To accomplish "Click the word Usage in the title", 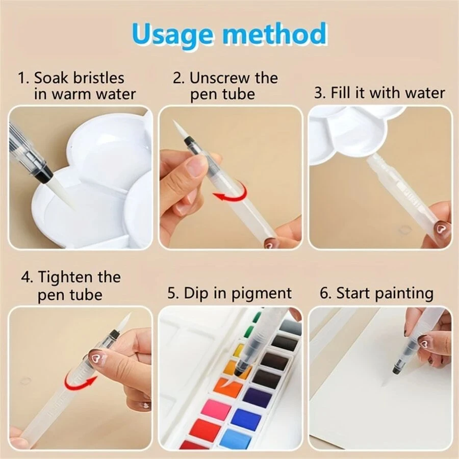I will tap(173, 35).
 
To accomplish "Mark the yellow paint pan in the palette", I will tap(239, 350).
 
